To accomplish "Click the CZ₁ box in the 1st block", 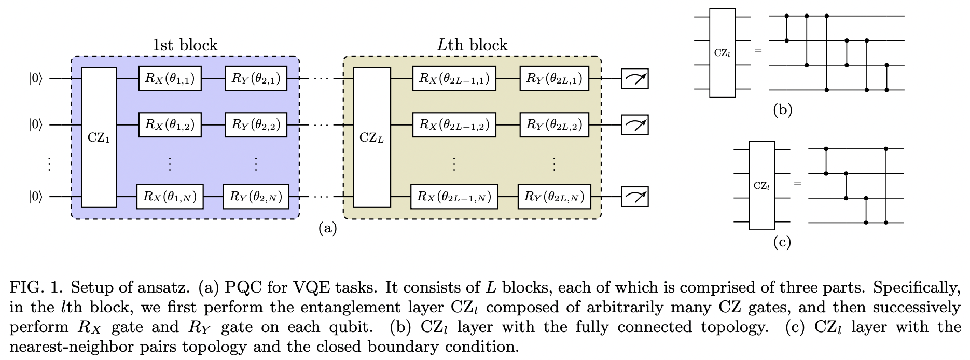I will [99, 137].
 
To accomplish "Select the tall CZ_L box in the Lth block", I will [371, 137].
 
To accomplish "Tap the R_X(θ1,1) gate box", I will [170, 78].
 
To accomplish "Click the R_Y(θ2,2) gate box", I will [256, 124].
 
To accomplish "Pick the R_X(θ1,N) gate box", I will [170, 196].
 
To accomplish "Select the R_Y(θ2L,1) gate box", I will [554, 78].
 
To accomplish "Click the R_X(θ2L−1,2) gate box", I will [454, 124].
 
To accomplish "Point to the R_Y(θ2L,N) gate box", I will [554, 196].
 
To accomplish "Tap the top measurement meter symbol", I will [635, 79].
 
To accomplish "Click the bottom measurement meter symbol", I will [635, 197].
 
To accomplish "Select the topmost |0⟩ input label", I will [35, 79].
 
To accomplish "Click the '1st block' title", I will [185, 45].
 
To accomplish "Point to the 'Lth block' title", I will [472, 45].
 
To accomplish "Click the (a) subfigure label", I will [327, 228].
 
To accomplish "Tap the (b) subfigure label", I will [782, 110].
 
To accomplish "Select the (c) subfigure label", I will [782, 242].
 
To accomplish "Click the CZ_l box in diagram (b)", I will [722, 53].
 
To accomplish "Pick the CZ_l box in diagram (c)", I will [761, 185].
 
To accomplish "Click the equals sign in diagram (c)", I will [797, 184].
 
